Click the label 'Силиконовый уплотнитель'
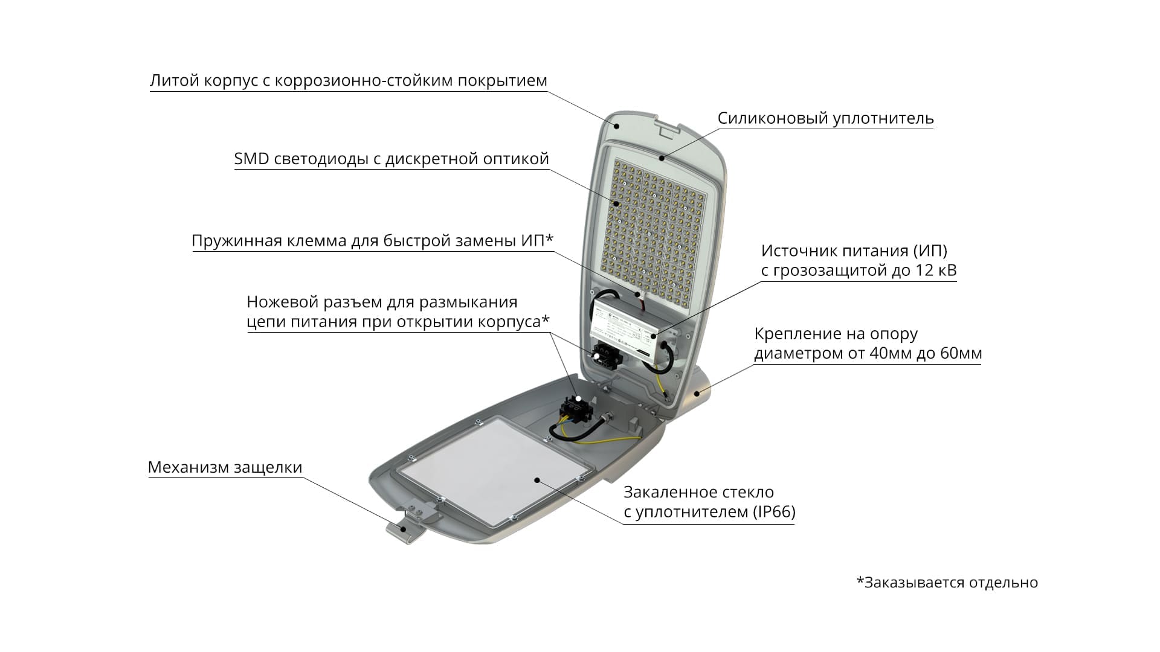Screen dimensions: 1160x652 (825, 118)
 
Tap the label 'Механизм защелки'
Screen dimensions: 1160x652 (225, 467)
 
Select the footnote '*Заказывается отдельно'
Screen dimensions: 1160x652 (947, 583)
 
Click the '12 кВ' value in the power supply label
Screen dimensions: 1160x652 (936, 270)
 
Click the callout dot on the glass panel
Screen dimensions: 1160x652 (536, 479)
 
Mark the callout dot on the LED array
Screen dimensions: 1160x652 (617, 203)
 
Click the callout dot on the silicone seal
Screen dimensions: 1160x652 (662, 158)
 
